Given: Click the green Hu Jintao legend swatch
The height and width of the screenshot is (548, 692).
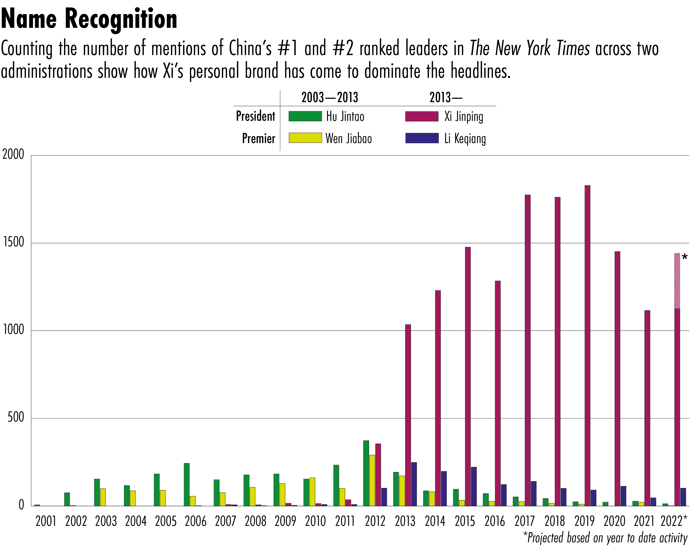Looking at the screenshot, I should pyautogui.click(x=305, y=116).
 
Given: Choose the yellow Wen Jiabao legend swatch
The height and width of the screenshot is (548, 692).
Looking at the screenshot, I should pyautogui.click(x=305, y=138).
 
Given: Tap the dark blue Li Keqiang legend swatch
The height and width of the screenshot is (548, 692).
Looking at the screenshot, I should pyautogui.click(x=422, y=138).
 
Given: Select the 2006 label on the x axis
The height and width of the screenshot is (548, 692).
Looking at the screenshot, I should pyautogui.click(x=195, y=521).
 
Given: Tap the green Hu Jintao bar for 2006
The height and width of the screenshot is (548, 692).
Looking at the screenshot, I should pyautogui.click(x=187, y=484).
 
